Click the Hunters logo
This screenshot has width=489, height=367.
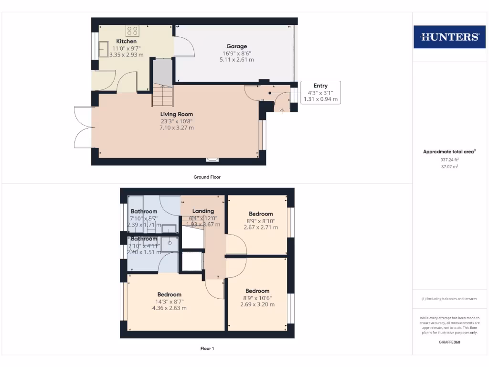pos(449,37)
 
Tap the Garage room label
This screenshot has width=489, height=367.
pos(236,46)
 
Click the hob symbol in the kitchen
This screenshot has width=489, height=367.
pos(132,31)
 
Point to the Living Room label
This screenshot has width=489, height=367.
pos(177,114)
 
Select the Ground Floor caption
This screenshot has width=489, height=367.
pos(207,177)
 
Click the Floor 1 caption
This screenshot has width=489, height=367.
pos(207,348)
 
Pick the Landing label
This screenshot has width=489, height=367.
pos(203,211)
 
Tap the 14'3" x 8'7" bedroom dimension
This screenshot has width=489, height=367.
pos(169,302)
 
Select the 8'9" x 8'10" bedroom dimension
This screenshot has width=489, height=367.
pos(261,221)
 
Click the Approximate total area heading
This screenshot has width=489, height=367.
pos(449,151)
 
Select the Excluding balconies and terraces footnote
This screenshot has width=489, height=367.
pos(449,299)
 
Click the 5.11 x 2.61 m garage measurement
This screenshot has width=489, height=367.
pos(236,60)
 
